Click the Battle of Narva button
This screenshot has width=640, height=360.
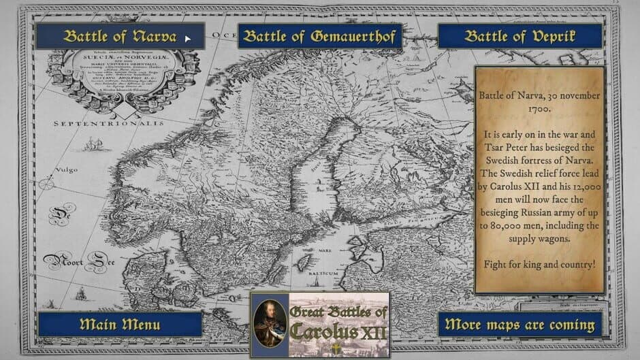pos(119,37)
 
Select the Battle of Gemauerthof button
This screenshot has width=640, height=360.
pos(320,37)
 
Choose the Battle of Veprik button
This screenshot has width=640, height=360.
pos(519,37)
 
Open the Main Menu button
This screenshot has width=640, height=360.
pos(120,324)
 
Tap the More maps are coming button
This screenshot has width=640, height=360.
pos(519,325)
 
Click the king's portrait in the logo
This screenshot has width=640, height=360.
pos(270,325)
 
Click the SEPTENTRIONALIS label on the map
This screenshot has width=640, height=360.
pos(109,123)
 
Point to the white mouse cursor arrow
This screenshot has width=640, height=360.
pos(187,38)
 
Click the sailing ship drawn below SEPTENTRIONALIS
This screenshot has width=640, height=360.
pos(93,144)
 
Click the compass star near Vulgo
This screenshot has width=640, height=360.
pos(48,184)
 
